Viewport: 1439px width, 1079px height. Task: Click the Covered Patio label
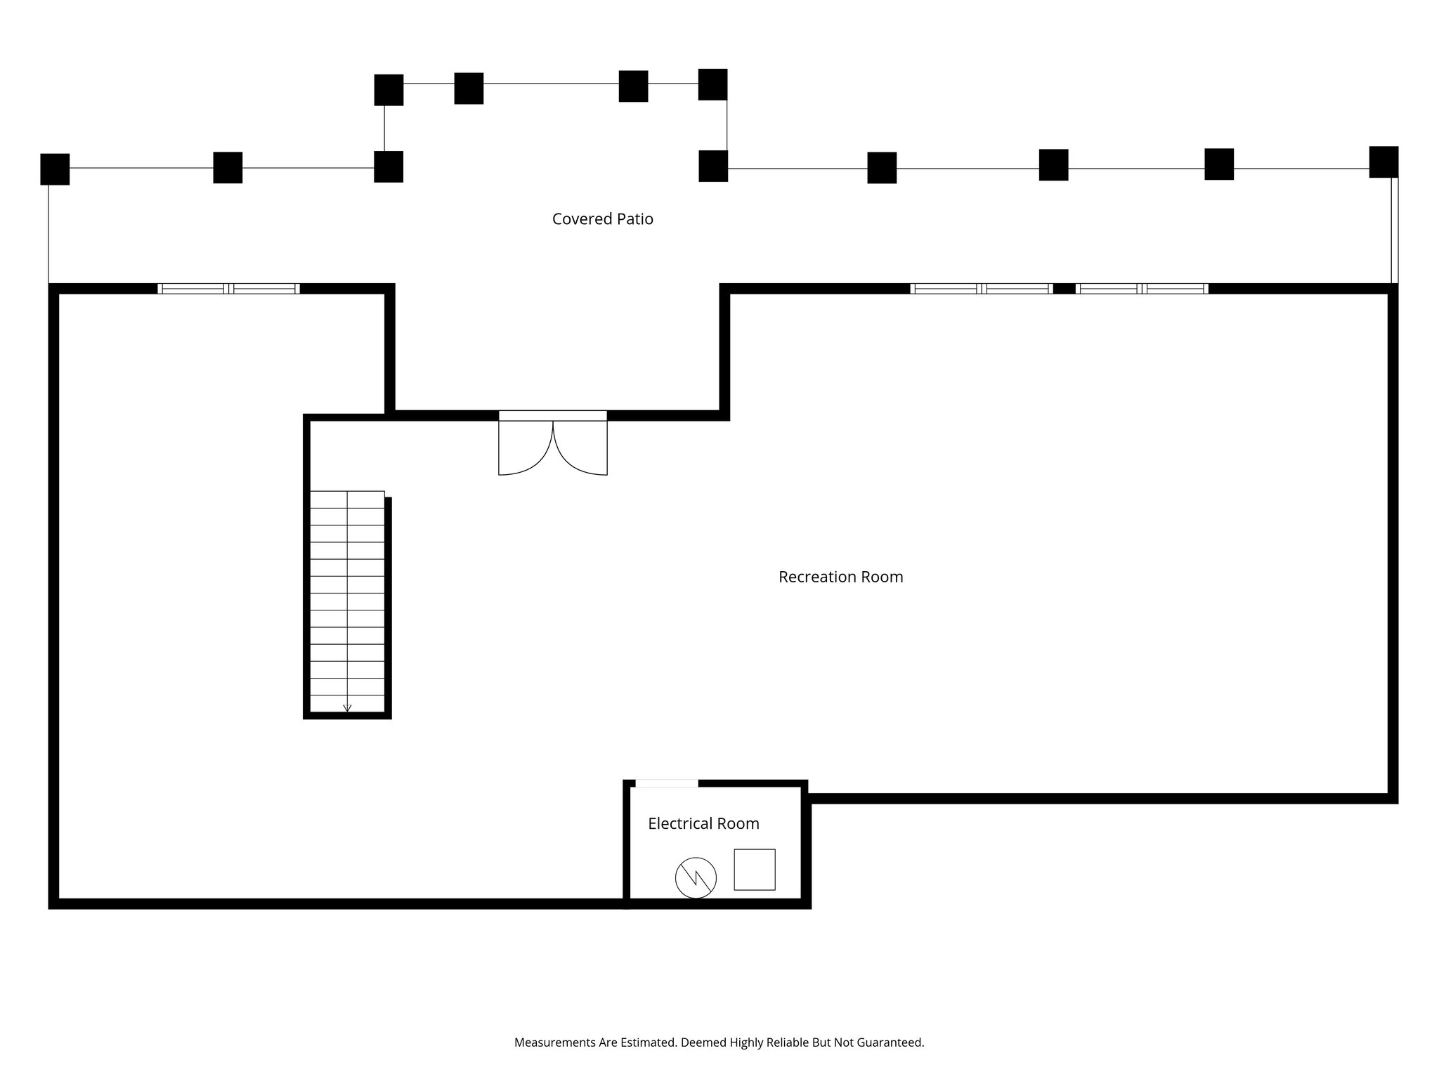[602, 219]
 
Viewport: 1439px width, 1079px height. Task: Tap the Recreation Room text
[840, 577]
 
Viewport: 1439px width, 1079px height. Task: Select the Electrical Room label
[703, 823]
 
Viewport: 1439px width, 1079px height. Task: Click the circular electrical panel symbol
[696, 877]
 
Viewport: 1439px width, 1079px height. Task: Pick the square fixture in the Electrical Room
[755, 870]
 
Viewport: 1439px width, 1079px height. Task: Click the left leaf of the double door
[523, 450]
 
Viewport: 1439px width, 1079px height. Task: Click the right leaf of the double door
[582, 450]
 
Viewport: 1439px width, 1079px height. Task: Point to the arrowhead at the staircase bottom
[347, 708]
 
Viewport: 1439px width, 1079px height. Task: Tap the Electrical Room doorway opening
[667, 783]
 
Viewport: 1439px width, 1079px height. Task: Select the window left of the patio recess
[228, 289]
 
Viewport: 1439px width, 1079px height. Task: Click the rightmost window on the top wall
[1142, 289]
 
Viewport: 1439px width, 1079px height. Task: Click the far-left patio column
[55, 169]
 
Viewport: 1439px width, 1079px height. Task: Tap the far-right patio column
[1383, 162]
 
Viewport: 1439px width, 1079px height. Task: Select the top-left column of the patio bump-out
[389, 90]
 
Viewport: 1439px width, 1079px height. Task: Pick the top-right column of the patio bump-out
[712, 84]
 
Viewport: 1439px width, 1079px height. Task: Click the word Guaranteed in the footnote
[892, 1042]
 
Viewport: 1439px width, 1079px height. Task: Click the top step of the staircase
[347, 499]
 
